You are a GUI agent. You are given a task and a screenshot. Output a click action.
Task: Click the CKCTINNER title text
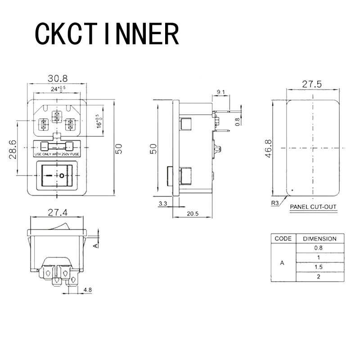coord(107,34)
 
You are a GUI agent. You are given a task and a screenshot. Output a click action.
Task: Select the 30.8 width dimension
coord(58,78)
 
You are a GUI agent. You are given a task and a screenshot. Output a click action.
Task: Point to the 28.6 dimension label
coord(13,150)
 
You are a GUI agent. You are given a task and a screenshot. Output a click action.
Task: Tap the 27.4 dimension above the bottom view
coord(58,212)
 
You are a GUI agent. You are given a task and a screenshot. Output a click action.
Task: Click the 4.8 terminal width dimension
coord(87,290)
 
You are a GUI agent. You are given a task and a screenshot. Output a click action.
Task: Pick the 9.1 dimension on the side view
coord(221,92)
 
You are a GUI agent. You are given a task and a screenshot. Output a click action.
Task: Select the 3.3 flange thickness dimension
coord(163,203)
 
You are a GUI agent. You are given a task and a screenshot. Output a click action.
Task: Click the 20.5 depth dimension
coord(193,214)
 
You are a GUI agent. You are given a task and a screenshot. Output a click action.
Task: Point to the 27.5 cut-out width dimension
coord(312,84)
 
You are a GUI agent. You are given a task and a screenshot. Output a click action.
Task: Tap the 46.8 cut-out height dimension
coord(268,148)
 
